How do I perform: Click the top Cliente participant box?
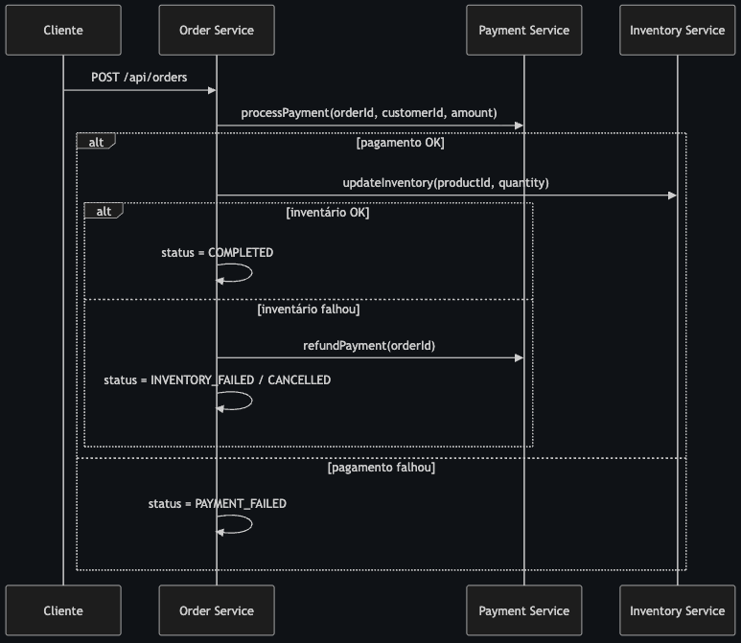[63, 30]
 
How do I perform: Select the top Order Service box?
[217, 30]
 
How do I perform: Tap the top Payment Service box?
[523, 30]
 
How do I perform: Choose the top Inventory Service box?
[677, 30]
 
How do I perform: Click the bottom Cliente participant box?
[63, 610]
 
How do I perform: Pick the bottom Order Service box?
[217, 610]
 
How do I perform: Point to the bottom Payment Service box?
[523, 610]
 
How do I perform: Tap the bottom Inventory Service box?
[677, 610]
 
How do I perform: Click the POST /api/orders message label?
[139, 76]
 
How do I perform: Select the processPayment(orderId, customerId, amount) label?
[369, 112]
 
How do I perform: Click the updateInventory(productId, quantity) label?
[446, 182]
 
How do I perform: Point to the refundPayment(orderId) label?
[369, 345]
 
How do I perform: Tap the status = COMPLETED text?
[217, 253]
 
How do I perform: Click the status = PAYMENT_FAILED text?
[217, 503]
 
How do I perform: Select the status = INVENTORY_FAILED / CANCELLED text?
[217, 380]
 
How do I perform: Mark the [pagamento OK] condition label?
[400, 144]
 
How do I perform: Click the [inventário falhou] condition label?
[309, 310]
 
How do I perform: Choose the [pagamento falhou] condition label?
[381, 469]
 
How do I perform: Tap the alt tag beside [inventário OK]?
[103, 211]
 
